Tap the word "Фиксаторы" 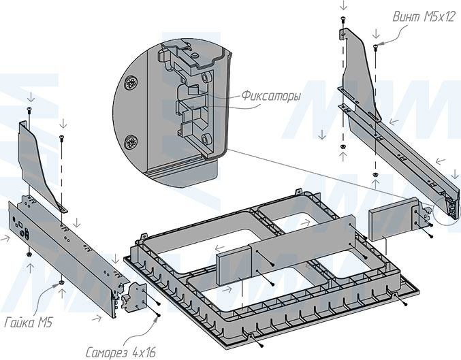coord(271,97)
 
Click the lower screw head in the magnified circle coord(131,142)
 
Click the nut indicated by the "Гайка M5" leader coord(62,280)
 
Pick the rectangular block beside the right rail coord(388,220)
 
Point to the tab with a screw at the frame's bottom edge coord(253,338)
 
